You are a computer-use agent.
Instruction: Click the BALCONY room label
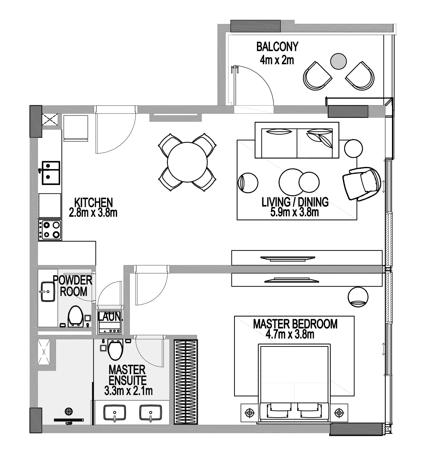point(277,47)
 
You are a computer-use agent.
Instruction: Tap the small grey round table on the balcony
point(338,61)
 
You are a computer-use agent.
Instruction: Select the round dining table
point(187,162)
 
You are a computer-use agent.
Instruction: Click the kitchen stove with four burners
point(50,230)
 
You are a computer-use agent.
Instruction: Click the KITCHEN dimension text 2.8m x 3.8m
point(93,213)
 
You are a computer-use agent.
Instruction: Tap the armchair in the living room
point(361,184)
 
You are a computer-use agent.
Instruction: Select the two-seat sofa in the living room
point(297,140)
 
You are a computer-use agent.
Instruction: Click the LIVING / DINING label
point(295,202)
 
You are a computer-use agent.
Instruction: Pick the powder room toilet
point(75,316)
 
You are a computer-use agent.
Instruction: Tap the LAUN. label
point(110,316)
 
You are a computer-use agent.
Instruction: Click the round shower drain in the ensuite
point(69,411)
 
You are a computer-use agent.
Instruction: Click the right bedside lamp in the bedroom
point(339,412)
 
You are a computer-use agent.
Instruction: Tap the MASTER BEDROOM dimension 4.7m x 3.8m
point(290,334)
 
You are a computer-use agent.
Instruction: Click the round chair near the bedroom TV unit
point(358,297)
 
